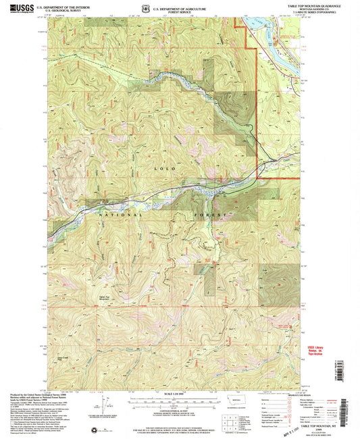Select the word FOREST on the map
[212, 214]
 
